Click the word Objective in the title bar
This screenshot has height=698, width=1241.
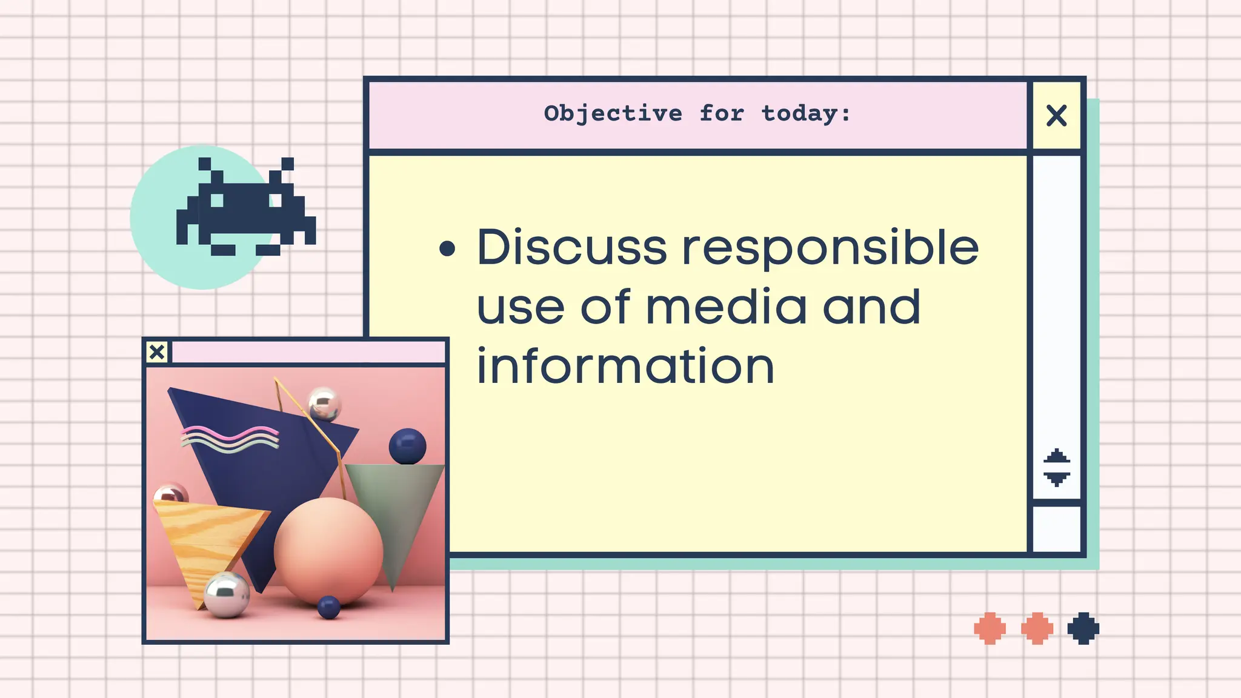pos(613,114)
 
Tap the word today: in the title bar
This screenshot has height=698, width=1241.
pos(806,114)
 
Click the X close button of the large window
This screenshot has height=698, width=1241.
pos(1056,115)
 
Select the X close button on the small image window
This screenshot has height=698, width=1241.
pos(157,352)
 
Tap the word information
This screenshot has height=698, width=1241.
pos(625,366)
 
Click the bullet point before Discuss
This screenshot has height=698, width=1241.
pos(447,248)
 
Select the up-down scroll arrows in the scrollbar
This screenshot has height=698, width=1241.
pos(1056,467)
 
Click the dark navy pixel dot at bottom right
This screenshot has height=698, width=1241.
pos(1083,628)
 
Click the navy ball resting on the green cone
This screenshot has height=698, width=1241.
pos(407,446)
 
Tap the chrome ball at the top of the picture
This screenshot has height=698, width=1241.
pos(324,404)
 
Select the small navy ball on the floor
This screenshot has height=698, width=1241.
pos(328,607)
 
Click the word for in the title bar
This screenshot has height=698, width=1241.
pos(721,114)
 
